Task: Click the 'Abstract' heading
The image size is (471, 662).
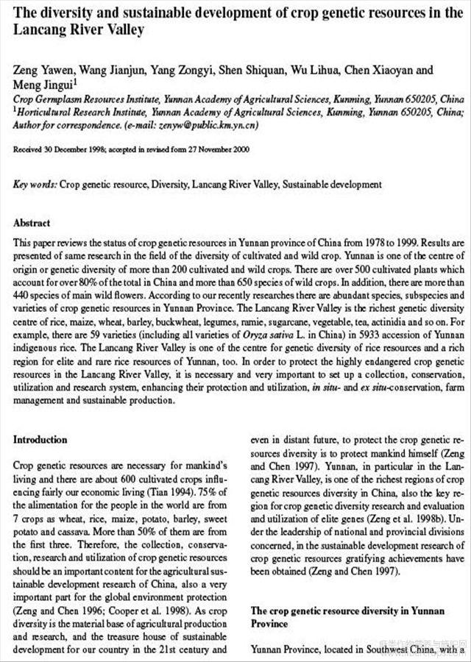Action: click(32, 223)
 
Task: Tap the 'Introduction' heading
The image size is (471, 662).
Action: click(40, 440)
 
